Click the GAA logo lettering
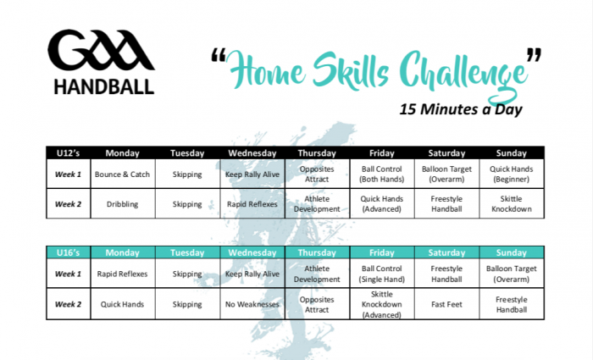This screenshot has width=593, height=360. click(x=101, y=50)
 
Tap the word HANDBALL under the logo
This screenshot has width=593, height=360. click(x=104, y=87)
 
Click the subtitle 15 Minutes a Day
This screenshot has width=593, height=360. click(x=461, y=109)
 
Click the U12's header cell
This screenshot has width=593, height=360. click(x=68, y=153)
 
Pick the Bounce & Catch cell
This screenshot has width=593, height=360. click(x=123, y=174)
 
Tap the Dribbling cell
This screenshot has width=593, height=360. click(x=123, y=204)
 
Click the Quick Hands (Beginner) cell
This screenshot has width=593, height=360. click(x=512, y=174)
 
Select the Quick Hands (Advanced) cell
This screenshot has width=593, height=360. click(x=381, y=204)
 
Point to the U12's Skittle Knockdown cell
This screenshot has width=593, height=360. click(x=512, y=204)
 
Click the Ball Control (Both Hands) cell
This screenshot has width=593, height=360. click(x=381, y=174)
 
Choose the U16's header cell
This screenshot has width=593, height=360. click(x=68, y=252)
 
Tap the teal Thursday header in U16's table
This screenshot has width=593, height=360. click(x=317, y=252)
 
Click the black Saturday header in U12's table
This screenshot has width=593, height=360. click(x=446, y=153)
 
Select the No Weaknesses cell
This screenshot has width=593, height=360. click(x=252, y=304)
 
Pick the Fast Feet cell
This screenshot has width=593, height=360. click(x=446, y=304)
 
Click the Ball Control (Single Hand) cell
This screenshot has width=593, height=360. click(x=381, y=274)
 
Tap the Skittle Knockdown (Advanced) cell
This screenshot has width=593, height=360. click(x=381, y=304)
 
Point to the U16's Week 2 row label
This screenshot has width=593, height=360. click(x=68, y=304)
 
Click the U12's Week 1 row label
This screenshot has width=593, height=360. click(x=68, y=174)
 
